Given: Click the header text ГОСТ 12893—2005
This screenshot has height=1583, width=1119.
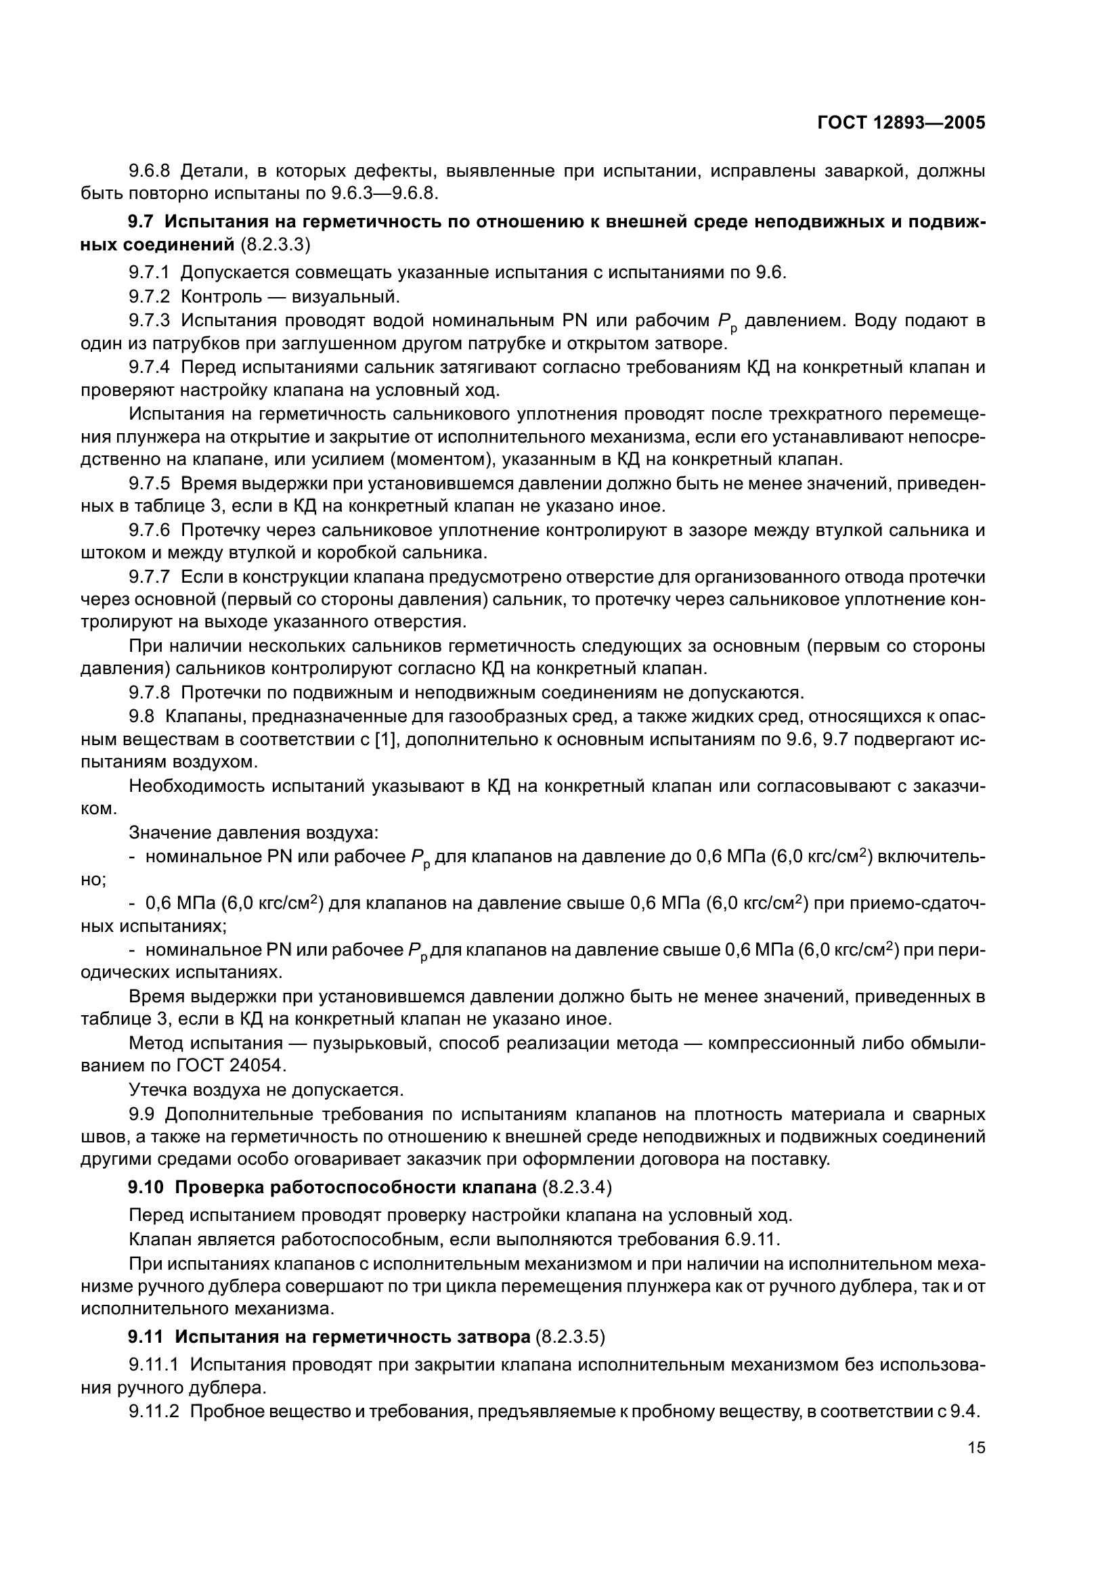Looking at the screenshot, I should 900,122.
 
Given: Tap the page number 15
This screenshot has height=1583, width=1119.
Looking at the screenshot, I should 976,1447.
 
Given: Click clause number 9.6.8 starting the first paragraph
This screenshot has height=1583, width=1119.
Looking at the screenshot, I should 149,171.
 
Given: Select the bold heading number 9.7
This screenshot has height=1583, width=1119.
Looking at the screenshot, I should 143,222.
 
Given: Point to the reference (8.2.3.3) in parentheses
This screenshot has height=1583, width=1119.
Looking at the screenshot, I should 276,245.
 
